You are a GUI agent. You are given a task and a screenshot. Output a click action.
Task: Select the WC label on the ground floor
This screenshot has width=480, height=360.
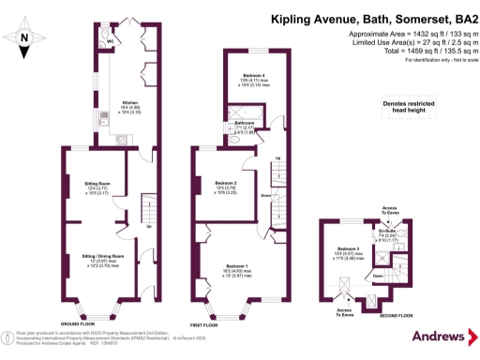(x=110, y=41)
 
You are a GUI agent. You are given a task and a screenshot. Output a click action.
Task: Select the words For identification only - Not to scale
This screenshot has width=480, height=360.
(x=434, y=61)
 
